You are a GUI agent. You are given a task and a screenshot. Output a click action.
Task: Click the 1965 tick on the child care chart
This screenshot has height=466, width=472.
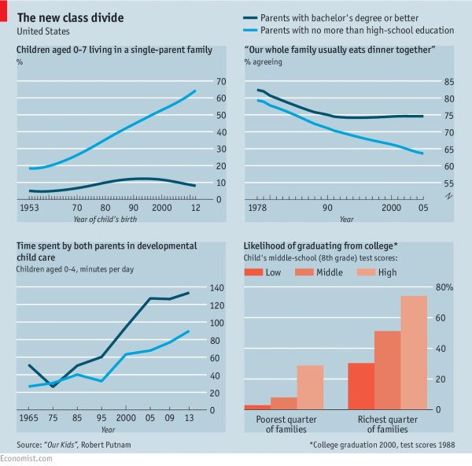pyautogui.click(x=28, y=417)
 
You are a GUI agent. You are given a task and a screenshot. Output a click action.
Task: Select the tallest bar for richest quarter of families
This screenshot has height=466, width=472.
pyautogui.click(x=414, y=353)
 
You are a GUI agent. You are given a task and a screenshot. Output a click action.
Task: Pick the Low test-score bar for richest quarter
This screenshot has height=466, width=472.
pyautogui.click(x=361, y=386)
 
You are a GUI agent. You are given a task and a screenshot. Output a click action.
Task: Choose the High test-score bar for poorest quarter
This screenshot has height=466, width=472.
pyautogui.click(x=310, y=387)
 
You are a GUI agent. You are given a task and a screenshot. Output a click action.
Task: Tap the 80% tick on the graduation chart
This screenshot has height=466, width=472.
pyautogui.click(x=444, y=287)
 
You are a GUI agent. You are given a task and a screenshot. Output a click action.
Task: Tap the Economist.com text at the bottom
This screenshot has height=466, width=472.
pyautogui.click(x=26, y=458)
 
